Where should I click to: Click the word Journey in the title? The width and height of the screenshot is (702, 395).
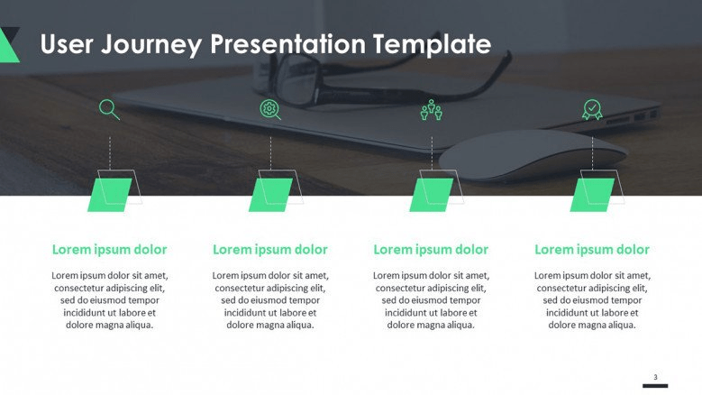pyautogui.click(x=150, y=45)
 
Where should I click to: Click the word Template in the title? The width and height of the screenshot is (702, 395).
pyautogui.click(x=432, y=44)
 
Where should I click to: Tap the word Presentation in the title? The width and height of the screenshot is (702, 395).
pyautogui.click(x=287, y=44)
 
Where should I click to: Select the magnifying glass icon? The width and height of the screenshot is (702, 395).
pyautogui.click(x=109, y=109)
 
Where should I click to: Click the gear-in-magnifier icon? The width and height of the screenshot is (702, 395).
pyautogui.click(x=270, y=109)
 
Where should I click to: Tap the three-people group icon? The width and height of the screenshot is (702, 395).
pyautogui.click(x=431, y=110)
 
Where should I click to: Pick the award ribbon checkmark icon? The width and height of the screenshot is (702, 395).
pyautogui.click(x=592, y=109)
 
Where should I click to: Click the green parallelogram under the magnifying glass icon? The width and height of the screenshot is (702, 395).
pyautogui.click(x=110, y=195)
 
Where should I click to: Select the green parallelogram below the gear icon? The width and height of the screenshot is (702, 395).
pyautogui.click(x=270, y=195)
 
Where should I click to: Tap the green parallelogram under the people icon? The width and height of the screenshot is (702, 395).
pyautogui.click(x=431, y=195)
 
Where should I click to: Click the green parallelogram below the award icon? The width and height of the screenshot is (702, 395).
pyautogui.click(x=592, y=195)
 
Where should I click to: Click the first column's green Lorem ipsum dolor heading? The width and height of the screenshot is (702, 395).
pyautogui.click(x=110, y=250)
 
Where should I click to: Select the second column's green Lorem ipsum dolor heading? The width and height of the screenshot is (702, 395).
pyautogui.click(x=270, y=250)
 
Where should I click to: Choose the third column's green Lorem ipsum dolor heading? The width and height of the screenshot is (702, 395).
pyautogui.click(x=431, y=250)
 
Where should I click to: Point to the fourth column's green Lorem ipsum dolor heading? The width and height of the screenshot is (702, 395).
pyautogui.click(x=592, y=250)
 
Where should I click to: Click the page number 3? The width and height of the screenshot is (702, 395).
pyautogui.click(x=655, y=377)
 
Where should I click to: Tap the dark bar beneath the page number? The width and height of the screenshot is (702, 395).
pyautogui.click(x=655, y=386)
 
